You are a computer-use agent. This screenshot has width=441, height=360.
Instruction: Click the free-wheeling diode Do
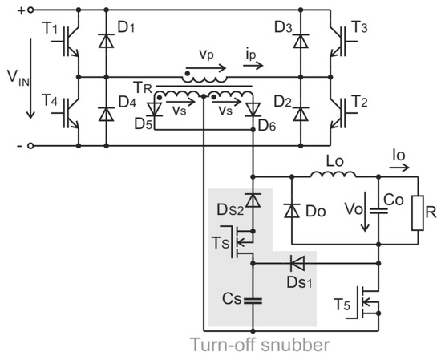[292, 209]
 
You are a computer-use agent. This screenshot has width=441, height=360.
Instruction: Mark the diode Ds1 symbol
[298, 261]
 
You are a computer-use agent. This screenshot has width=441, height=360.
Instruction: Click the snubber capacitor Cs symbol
[253, 301]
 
